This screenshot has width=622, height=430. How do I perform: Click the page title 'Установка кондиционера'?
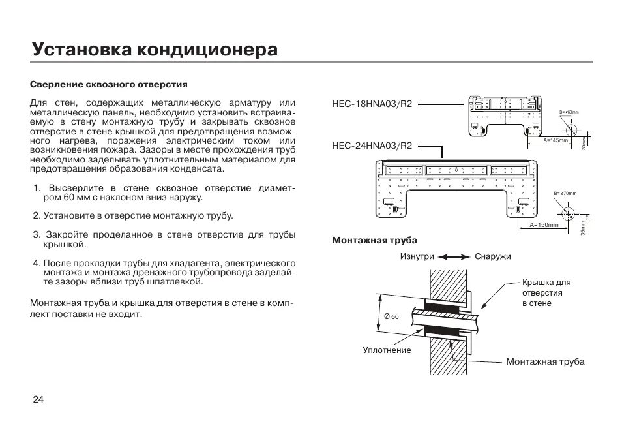[155, 50]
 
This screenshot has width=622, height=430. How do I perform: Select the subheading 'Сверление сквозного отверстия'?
[109, 85]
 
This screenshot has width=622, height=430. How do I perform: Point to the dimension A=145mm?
[555, 140]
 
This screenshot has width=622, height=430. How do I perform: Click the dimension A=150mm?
[544, 225]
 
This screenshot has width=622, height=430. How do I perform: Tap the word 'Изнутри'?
[417, 257]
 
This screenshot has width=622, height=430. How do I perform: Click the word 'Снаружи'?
[493, 257]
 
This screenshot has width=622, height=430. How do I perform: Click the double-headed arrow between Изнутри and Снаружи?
[454, 257]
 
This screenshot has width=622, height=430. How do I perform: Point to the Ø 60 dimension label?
[391, 316]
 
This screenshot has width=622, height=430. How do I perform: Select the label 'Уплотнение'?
[387, 350]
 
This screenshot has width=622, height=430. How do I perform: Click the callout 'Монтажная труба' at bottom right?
[545, 361]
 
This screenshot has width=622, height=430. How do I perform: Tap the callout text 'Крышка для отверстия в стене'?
[546, 293]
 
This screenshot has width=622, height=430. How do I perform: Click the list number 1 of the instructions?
[37, 189]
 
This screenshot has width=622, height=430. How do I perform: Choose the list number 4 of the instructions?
[37, 263]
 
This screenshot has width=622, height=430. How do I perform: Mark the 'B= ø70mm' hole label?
[565, 194]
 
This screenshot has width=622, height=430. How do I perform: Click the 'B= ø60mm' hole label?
[569, 112]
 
